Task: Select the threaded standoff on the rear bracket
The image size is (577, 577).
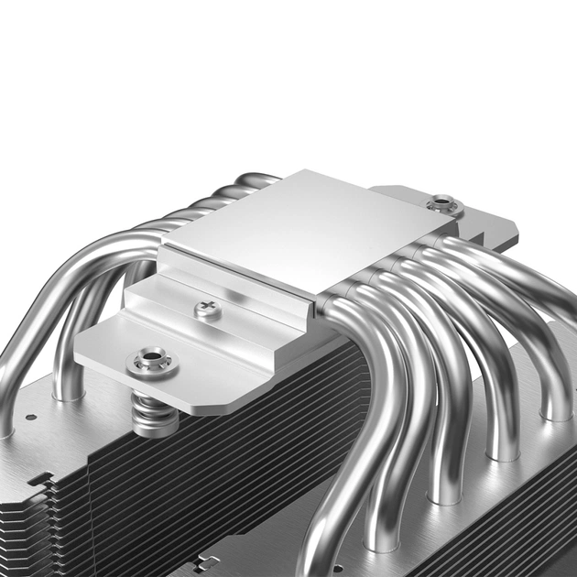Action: [443, 201]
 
